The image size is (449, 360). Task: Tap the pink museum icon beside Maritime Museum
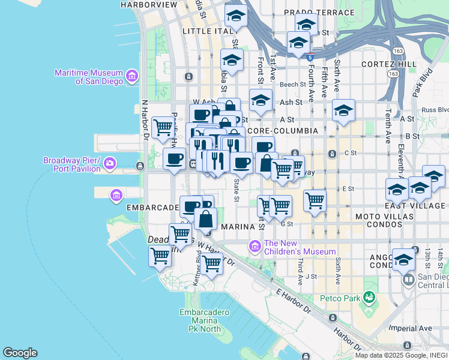pyautogui.click(x=131, y=76)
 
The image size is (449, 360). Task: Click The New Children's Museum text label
pyautogui.click(x=299, y=247)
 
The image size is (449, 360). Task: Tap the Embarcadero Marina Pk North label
pyautogui.click(x=204, y=320)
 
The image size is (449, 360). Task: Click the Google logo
pyautogui.click(x=20, y=353)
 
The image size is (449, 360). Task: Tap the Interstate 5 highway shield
pyautogui.click(x=309, y=58)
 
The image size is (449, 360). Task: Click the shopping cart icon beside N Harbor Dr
pyautogui.click(x=163, y=127)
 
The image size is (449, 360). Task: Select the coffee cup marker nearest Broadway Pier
pyautogui.click(x=174, y=159)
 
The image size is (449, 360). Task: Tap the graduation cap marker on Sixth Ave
pyautogui.click(x=343, y=110)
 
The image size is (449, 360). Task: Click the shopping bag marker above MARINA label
pyautogui.click(x=205, y=220)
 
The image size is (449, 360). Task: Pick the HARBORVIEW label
pyautogui.click(x=149, y=5)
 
